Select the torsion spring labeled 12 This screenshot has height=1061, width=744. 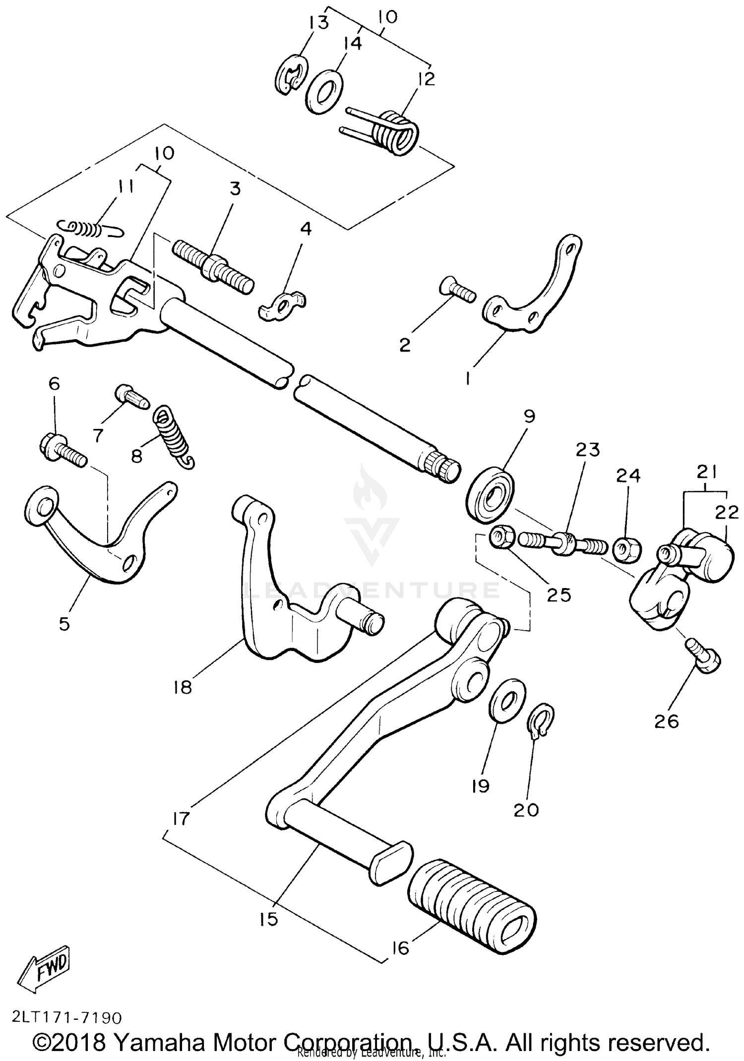click(x=394, y=132)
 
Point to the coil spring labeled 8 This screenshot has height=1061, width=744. click(x=174, y=436)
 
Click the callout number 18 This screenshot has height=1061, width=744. click(x=183, y=688)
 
